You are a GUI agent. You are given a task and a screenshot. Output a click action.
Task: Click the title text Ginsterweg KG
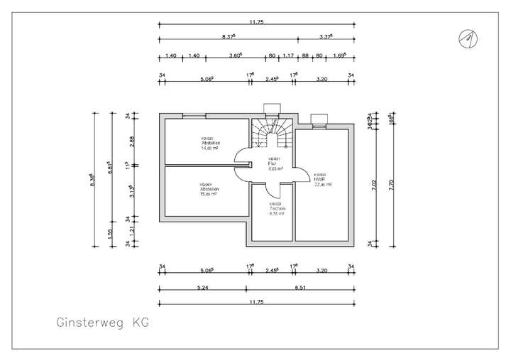click(x=104, y=323)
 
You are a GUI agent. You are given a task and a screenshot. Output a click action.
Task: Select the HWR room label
click(x=320, y=180)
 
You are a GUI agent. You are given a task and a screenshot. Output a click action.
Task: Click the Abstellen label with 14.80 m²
click(x=209, y=145)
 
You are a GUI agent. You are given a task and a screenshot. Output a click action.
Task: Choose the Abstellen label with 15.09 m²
click(x=208, y=190)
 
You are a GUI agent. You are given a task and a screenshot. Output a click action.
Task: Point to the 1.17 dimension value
click(x=288, y=55)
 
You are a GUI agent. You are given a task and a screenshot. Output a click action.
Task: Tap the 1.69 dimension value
click(x=339, y=55)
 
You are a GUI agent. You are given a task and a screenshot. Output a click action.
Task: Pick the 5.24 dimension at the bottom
click(x=202, y=289)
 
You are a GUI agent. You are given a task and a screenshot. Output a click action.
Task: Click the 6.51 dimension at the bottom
click(x=300, y=289)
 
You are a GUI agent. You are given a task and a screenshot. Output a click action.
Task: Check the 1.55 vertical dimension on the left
click(x=111, y=231)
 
